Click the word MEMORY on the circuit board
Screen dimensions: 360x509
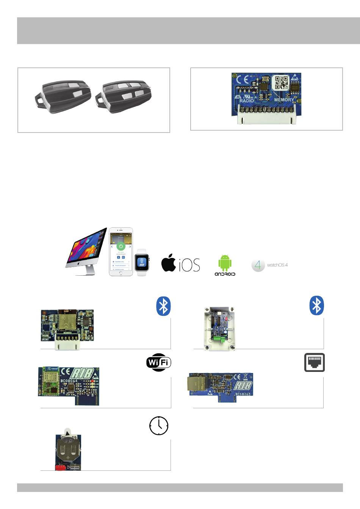284,100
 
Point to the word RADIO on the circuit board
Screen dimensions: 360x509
247,101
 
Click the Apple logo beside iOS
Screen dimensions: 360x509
169,263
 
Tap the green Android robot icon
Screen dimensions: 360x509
225,262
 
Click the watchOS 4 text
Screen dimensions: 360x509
277,265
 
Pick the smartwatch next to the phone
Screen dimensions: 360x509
142,262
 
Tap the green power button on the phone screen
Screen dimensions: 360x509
121,246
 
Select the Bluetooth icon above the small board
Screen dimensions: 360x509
164,306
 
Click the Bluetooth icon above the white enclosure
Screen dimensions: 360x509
317,306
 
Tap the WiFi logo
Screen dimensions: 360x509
159,362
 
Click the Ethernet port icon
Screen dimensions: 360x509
315,362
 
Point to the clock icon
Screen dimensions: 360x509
159,426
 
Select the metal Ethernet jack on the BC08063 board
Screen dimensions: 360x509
196,384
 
